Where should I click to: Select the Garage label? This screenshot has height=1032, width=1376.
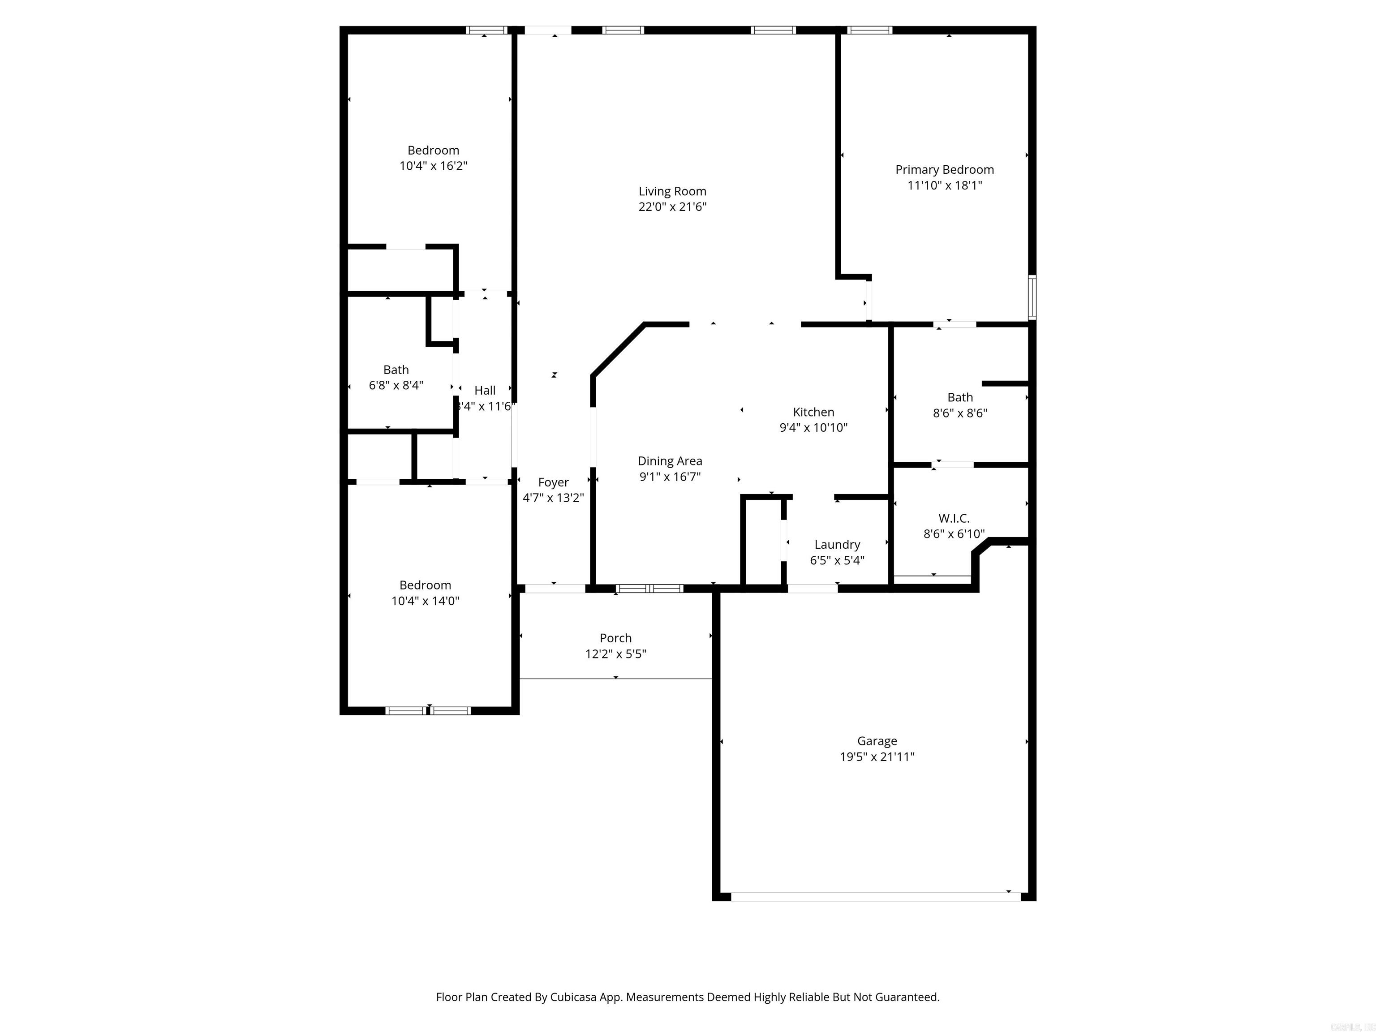tap(877, 741)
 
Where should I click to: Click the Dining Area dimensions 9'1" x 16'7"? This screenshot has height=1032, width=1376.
tap(670, 477)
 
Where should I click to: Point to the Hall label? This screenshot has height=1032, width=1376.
tap(485, 391)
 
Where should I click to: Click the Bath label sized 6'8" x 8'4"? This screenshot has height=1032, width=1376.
tap(396, 370)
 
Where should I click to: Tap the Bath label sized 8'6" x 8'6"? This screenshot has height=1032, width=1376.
tap(960, 397)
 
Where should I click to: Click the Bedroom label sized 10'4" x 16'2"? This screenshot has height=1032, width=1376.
tap(433, 150)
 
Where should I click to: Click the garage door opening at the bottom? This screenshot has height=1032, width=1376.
tap(876, 896)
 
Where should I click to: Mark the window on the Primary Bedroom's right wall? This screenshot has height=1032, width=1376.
tap(1032, 297)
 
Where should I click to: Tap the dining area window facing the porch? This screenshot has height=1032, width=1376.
tap(649, 589)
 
